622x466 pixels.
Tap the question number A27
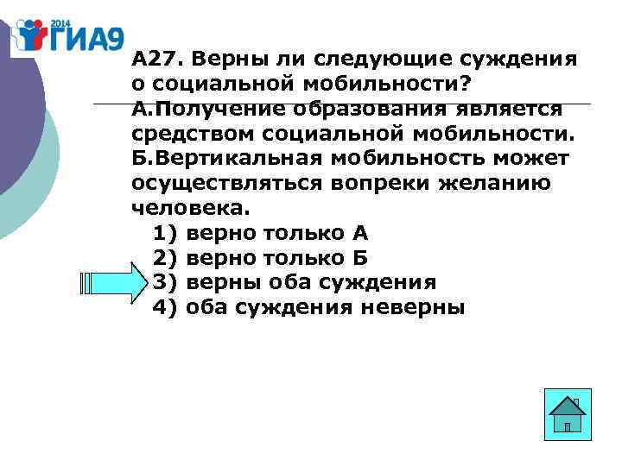pyautogui.click(x=156, y=61)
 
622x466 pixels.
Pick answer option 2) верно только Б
pyautogui.click(x=260, y=258)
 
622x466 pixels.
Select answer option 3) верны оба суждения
pyautogui.click(x=294, y=283)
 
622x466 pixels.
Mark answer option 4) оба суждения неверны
pyautogui.click(x=308, y=308)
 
